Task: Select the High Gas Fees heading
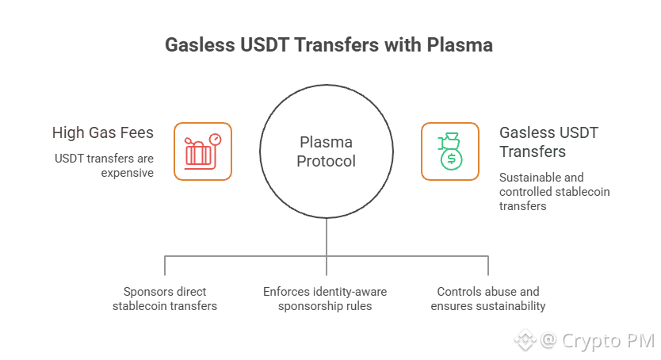click(103, 132)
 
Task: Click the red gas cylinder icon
click(202, 151)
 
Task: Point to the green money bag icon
click(450, 151)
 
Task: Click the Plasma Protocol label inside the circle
click(327, 151)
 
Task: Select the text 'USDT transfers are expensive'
click(104, 165)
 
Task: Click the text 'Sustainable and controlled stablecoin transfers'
click(554, 191)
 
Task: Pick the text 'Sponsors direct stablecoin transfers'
click(165, 298)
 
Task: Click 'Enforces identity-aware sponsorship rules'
click(326, 298)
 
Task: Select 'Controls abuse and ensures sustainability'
click(488, 298)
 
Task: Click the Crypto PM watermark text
click(608, 341)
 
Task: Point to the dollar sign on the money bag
click(451, 159)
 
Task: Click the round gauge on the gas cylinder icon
click(215, 139)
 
